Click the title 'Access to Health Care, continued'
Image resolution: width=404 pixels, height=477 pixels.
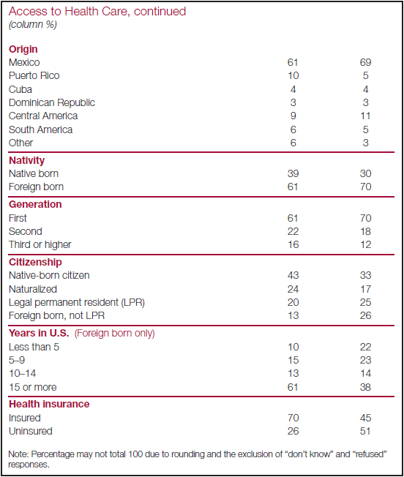[97, 12]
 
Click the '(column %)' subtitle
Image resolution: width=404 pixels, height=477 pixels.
[33, 24]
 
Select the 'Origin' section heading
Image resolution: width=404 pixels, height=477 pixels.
[23, 49]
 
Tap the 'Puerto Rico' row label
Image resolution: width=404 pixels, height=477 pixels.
[34, 75]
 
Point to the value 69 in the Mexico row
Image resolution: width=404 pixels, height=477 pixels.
[365, 62]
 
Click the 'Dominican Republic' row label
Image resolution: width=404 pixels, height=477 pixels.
[52, 102]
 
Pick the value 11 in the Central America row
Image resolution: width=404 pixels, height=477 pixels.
[365, 116]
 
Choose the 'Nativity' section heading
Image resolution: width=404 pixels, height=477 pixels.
[27, 160]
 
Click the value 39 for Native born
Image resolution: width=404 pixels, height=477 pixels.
[293, 173]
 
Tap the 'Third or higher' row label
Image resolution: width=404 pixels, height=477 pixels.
[40, 244]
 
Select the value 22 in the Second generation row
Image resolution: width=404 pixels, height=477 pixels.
[293, 231]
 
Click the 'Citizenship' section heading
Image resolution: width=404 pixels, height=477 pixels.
[35, 262]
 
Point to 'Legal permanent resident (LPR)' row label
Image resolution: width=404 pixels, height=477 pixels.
[77, 302]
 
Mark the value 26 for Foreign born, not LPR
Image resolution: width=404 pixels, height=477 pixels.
[365, 315]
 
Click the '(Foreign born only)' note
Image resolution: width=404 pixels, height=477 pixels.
[115, 333]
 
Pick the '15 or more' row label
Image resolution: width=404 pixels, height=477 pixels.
[32, 387]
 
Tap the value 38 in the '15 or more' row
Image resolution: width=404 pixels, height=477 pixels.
[365, 387]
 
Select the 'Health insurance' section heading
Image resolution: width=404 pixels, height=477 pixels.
[49, 404]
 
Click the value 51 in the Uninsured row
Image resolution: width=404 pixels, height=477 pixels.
[365, 431]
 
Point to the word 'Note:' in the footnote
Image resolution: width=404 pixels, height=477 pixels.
[18, 454]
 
